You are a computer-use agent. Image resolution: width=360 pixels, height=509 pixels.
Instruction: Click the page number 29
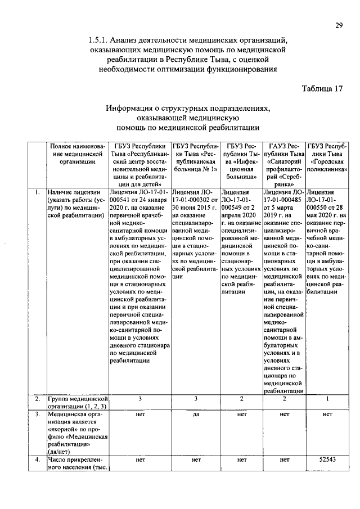pyautogui.click(x=339, y=25)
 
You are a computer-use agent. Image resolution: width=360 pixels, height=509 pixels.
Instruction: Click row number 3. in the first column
pyautogui.click(x=37, y=415)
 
